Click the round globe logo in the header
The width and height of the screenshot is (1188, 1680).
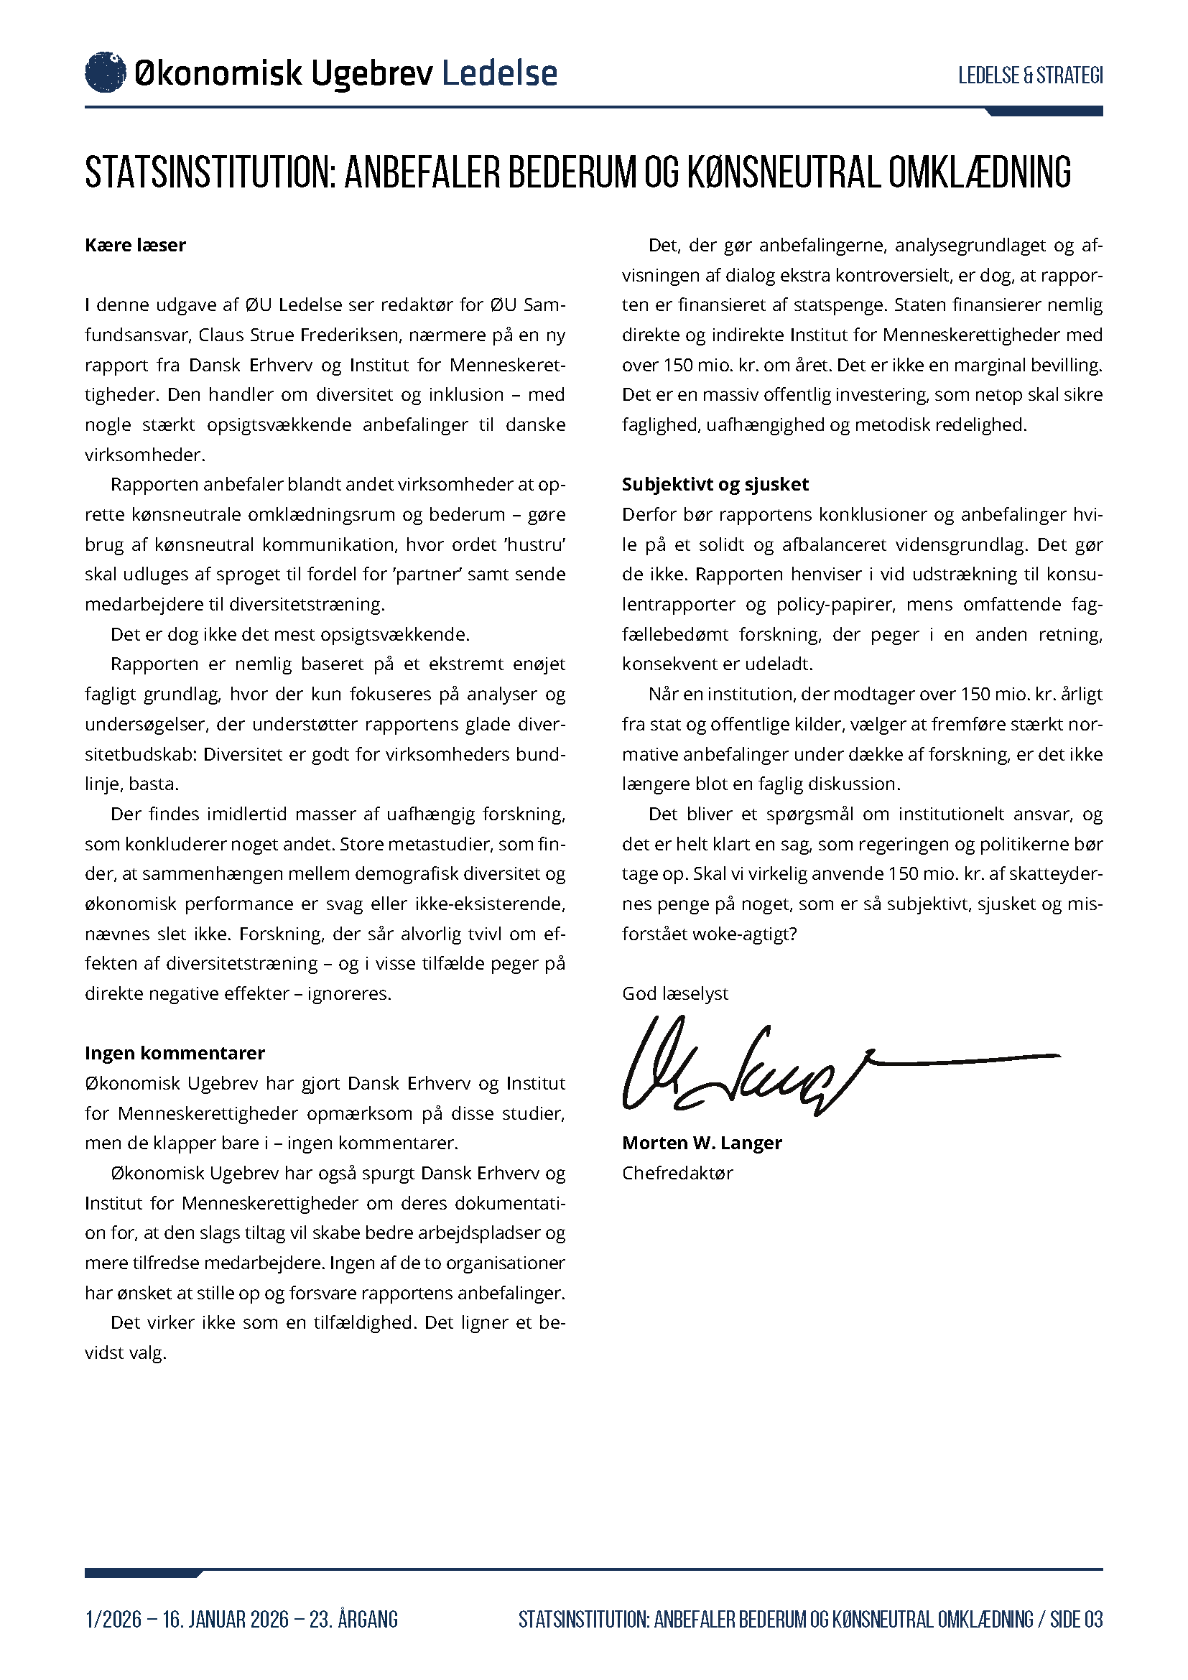pyautogui.click(x=106, y=73)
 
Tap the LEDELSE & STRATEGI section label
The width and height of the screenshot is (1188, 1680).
pyautogui.click(x=1030, y=75)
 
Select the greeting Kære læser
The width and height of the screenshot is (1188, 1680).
pyautogui.click(x=135, y=245)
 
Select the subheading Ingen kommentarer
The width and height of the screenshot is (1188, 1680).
pyautogui.click(x=175, y=1053)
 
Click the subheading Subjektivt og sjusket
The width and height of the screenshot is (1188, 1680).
pyautogui.click(x=715, y=484)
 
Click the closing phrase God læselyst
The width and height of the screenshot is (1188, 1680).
pyautogui.click(x=674, y=993)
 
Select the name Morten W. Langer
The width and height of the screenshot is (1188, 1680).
pyautogui.click(x=702, y=1143)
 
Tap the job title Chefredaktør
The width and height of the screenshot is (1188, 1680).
pyautogui.click(x=677, y=1173)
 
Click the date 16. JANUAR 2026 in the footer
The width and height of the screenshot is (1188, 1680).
pyautogui.click(x=226, y=1619)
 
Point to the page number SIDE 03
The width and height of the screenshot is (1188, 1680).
pyautogui.click(x=1076, y=1619)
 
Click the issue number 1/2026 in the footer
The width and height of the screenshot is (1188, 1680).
pyautogui.click(x=113, y=1619)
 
